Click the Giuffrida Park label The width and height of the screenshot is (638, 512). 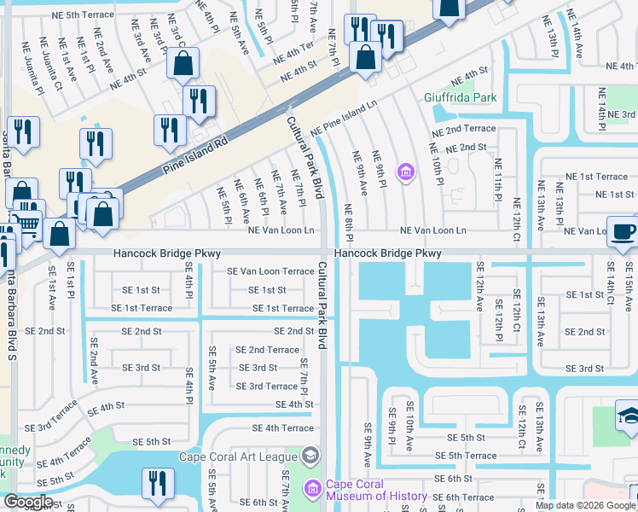461,97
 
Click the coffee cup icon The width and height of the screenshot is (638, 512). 622,230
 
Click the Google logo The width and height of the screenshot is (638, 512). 29,503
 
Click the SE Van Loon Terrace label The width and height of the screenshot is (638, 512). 270,271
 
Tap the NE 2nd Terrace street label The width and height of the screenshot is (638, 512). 463,129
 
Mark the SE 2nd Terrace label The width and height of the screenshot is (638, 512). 267,350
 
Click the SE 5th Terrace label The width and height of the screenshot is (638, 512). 465,456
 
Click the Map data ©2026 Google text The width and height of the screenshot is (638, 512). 584,505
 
